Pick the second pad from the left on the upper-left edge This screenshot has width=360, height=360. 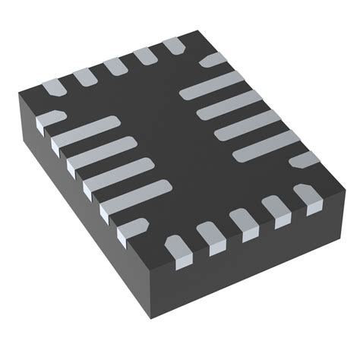click(x=83, y=76)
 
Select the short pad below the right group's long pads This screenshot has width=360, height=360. click(x=305, y=160)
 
